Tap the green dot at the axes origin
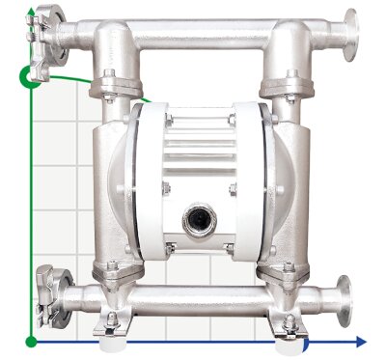(x=32, y=341)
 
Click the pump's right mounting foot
(x=289, y=335)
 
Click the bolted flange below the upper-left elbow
(x=109, y=92)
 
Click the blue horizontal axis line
(x=193, y=341)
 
